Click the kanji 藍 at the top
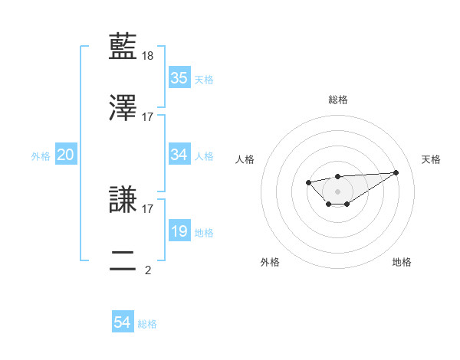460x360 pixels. pyautogui.click(x=124, y=47)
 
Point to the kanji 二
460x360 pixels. pyautogui.click(x=124, y=260)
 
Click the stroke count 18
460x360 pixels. pyautogui.click(x=149, y=57)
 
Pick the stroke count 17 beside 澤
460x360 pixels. pyautogui.click(x=148, y=117)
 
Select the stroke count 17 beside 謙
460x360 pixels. pyautogui.click(x=148, y=208)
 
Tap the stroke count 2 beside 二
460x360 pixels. pyautogui.click(x=148, y=270)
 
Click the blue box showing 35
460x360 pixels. pyautogui.click(x=179, y=77)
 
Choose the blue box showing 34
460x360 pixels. pyautogui.click(x=179, y=155)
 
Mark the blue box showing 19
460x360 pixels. pyautogui.click(x=179, y=231)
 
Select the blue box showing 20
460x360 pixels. pyautogui.click(x=66, y=155)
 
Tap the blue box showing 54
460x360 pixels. pyautogui.click(x=123, y=323)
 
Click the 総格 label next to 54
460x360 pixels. pyautogui.click(x=147, y=324)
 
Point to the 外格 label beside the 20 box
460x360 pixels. pyautogui.click(x=41, y=155)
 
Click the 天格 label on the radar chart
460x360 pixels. pyautogui.click(x=431, y=159)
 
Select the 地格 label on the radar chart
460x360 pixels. pyautogui.click(x=402, y=262)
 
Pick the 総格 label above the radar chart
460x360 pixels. pyautogui.click(x=338, y=100)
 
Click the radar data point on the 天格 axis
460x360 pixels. pyautogui.click(x=396, y=172)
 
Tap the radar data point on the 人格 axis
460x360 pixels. pyautogui.click(x=308, y=182)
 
